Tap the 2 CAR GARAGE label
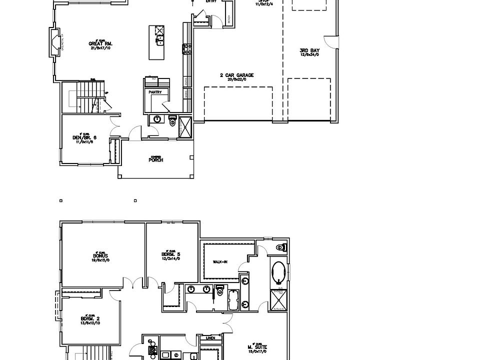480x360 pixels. [236, 75]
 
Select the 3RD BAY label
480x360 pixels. [309, 50]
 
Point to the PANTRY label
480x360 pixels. [155, 92]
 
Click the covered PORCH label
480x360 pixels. [156, 160]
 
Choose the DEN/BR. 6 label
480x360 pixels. [88, 138]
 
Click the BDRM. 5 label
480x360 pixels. [171, 253]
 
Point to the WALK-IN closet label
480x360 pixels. [221, 261]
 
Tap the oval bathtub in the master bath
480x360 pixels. [278, 273]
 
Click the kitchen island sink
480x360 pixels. [160, 40]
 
